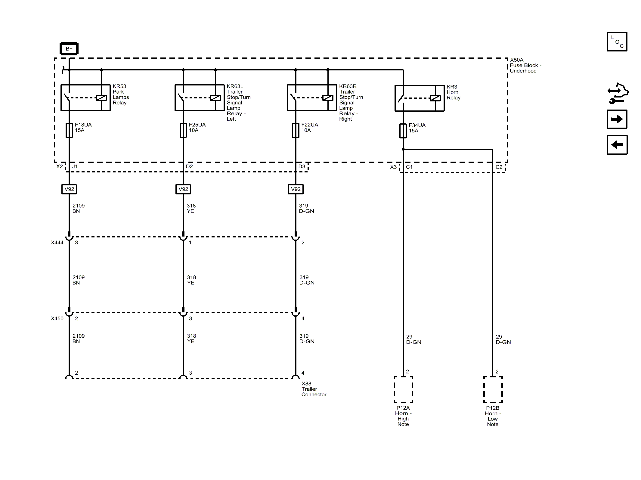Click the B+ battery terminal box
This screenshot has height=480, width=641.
pyautogui.click(x=69, y=49)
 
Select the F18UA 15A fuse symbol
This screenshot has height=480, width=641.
pyautogui.click(x=69, y=130)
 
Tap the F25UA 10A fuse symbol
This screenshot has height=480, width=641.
pyautogui.click(x=183, y=130)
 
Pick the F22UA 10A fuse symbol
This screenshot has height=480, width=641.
pyautogui.click(x=296, y=130)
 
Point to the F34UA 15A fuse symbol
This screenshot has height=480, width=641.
pyautogui.click(x=403, y=131)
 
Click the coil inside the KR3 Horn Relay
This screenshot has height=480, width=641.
pyautogui.click(x=435, y=98)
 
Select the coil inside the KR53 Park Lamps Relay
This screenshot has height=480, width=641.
pyautogui.click(x=101, y=98)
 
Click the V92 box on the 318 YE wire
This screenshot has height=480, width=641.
pyautogui.click(x=183, y=189)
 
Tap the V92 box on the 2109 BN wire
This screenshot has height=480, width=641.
pyautogui.click(x=69, y=189)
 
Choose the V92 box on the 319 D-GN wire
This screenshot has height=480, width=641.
pyautogui.click(x=296, y=189)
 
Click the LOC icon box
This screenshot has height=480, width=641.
pyautogui.click(x=617, y=42)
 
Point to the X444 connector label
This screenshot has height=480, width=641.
pyautogui.click(x=57, y=243)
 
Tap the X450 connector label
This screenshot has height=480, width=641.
pyautogui.click(x=57, y=318)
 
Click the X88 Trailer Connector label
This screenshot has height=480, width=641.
pyautogui.click(x=314, y=389)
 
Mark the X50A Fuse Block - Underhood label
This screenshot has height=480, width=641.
pyautogui.click(x=525, y=65)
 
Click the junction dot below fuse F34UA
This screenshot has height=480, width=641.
pyautogui.click(x=403, y=149)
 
